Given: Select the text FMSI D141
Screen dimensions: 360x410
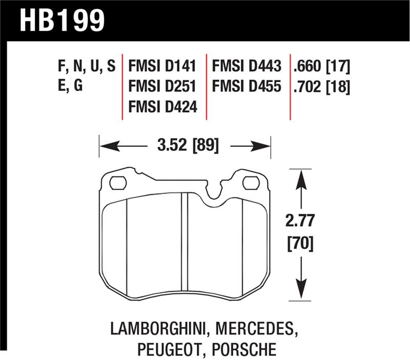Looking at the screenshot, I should click(163, 67).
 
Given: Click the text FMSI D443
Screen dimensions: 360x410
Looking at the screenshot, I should click(247, 67).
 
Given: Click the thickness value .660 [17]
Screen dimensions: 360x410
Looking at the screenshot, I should click(322, 67).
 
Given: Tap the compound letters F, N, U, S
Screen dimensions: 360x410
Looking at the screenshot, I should click(87, 67).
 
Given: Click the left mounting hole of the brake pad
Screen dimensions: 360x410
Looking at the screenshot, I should click(118, 182).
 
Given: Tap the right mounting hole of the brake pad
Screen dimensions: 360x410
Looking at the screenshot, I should click(251, 182).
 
